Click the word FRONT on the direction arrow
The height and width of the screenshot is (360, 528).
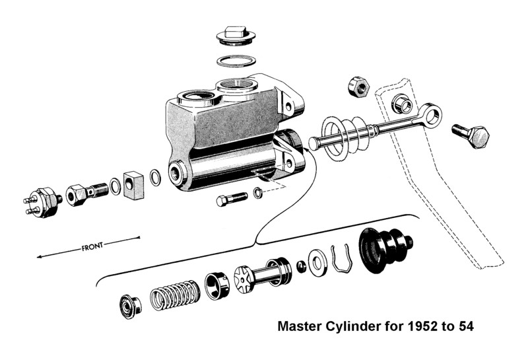92,246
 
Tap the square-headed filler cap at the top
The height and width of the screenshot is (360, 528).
236,36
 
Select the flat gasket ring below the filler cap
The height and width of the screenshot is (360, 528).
236,61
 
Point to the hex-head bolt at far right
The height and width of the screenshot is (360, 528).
471,136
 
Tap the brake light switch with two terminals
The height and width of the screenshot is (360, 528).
42,201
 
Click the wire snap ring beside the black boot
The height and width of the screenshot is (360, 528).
341,259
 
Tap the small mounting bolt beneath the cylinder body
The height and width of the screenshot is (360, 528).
232,199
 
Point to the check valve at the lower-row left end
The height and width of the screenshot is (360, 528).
131,306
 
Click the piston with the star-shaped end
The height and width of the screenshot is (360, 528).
263,275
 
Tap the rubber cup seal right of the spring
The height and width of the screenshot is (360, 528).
217,285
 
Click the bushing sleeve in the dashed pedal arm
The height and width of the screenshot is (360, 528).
402,104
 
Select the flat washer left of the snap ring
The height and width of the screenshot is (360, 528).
317,262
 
